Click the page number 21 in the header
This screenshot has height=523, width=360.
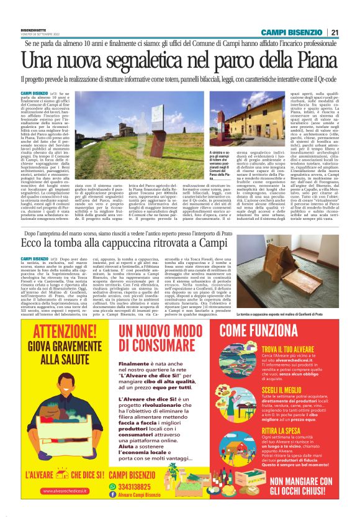coord(335,32)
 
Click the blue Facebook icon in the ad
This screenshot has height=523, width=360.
coord(113,494)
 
